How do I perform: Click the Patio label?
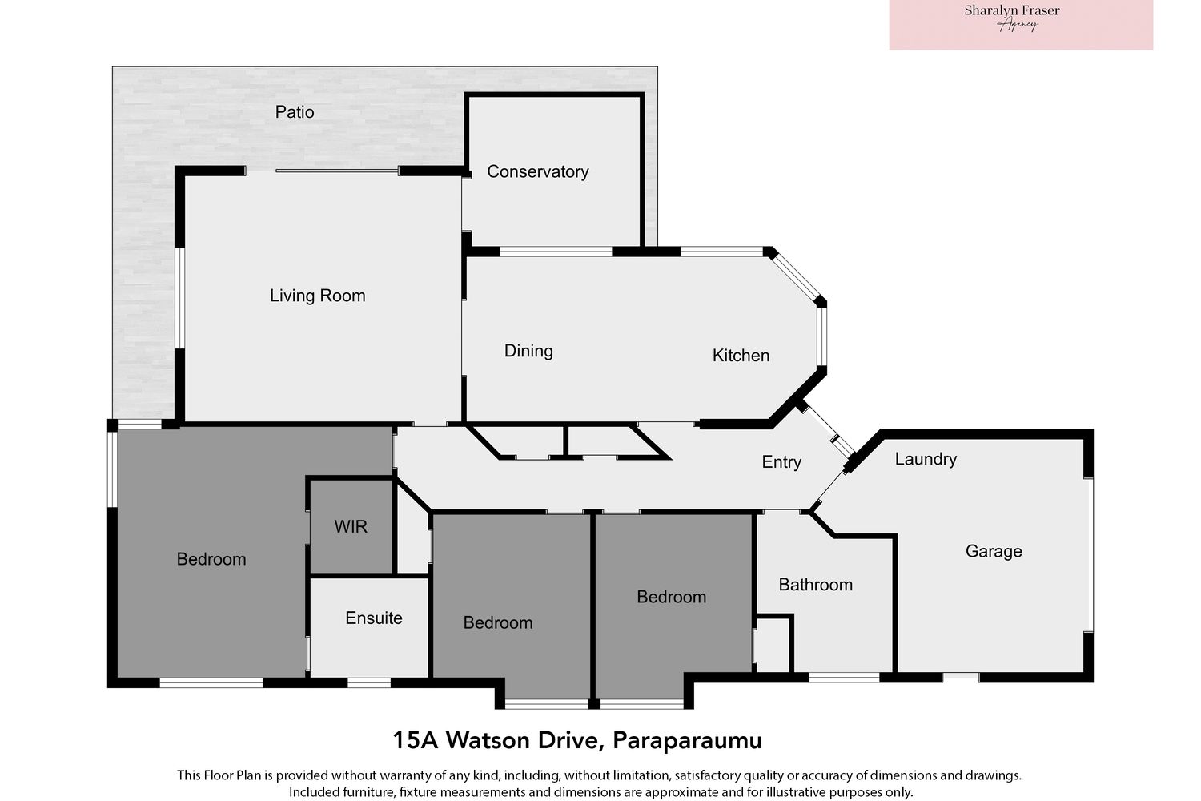tap(295, 112)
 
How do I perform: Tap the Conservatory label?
tap(537, 171)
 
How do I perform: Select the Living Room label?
tap(317, 296)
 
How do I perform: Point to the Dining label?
tap(528, 351)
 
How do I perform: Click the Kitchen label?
tap(741, 356)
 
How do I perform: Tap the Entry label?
tap(781, 462)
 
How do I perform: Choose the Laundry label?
tap(926, 459)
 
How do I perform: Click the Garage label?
tap(994, 551)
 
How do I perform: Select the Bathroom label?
tap(815, 585)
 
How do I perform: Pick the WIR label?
tap(351, 527)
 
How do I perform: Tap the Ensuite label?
tap(373, 618)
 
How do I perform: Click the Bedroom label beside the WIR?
tap(211, 559)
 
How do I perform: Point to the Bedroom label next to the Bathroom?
tap(671, 597)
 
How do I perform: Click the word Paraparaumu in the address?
tap(687, 740)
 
